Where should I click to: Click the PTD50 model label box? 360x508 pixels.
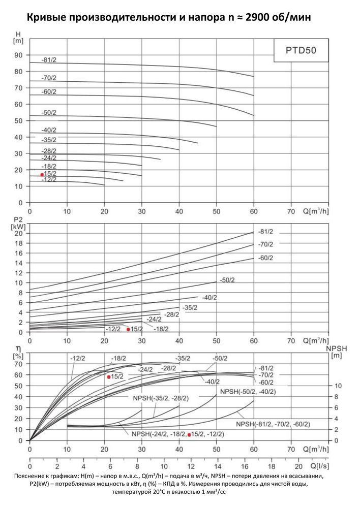click(299, 51)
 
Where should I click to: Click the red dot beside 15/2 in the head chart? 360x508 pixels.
click(42, 175)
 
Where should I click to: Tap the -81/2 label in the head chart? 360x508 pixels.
click(49, 60)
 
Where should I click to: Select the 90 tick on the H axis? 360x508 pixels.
click(19, 55)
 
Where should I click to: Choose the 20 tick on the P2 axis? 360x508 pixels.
click(19, 233)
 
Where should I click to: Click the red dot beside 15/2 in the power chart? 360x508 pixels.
click(128, 329)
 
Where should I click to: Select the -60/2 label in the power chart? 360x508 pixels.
click(265, 258)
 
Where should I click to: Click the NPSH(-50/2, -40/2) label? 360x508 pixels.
click(248, 392)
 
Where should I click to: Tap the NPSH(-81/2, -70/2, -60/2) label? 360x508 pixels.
click(273, 424)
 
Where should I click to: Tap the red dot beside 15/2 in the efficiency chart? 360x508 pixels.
click(109, 377)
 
